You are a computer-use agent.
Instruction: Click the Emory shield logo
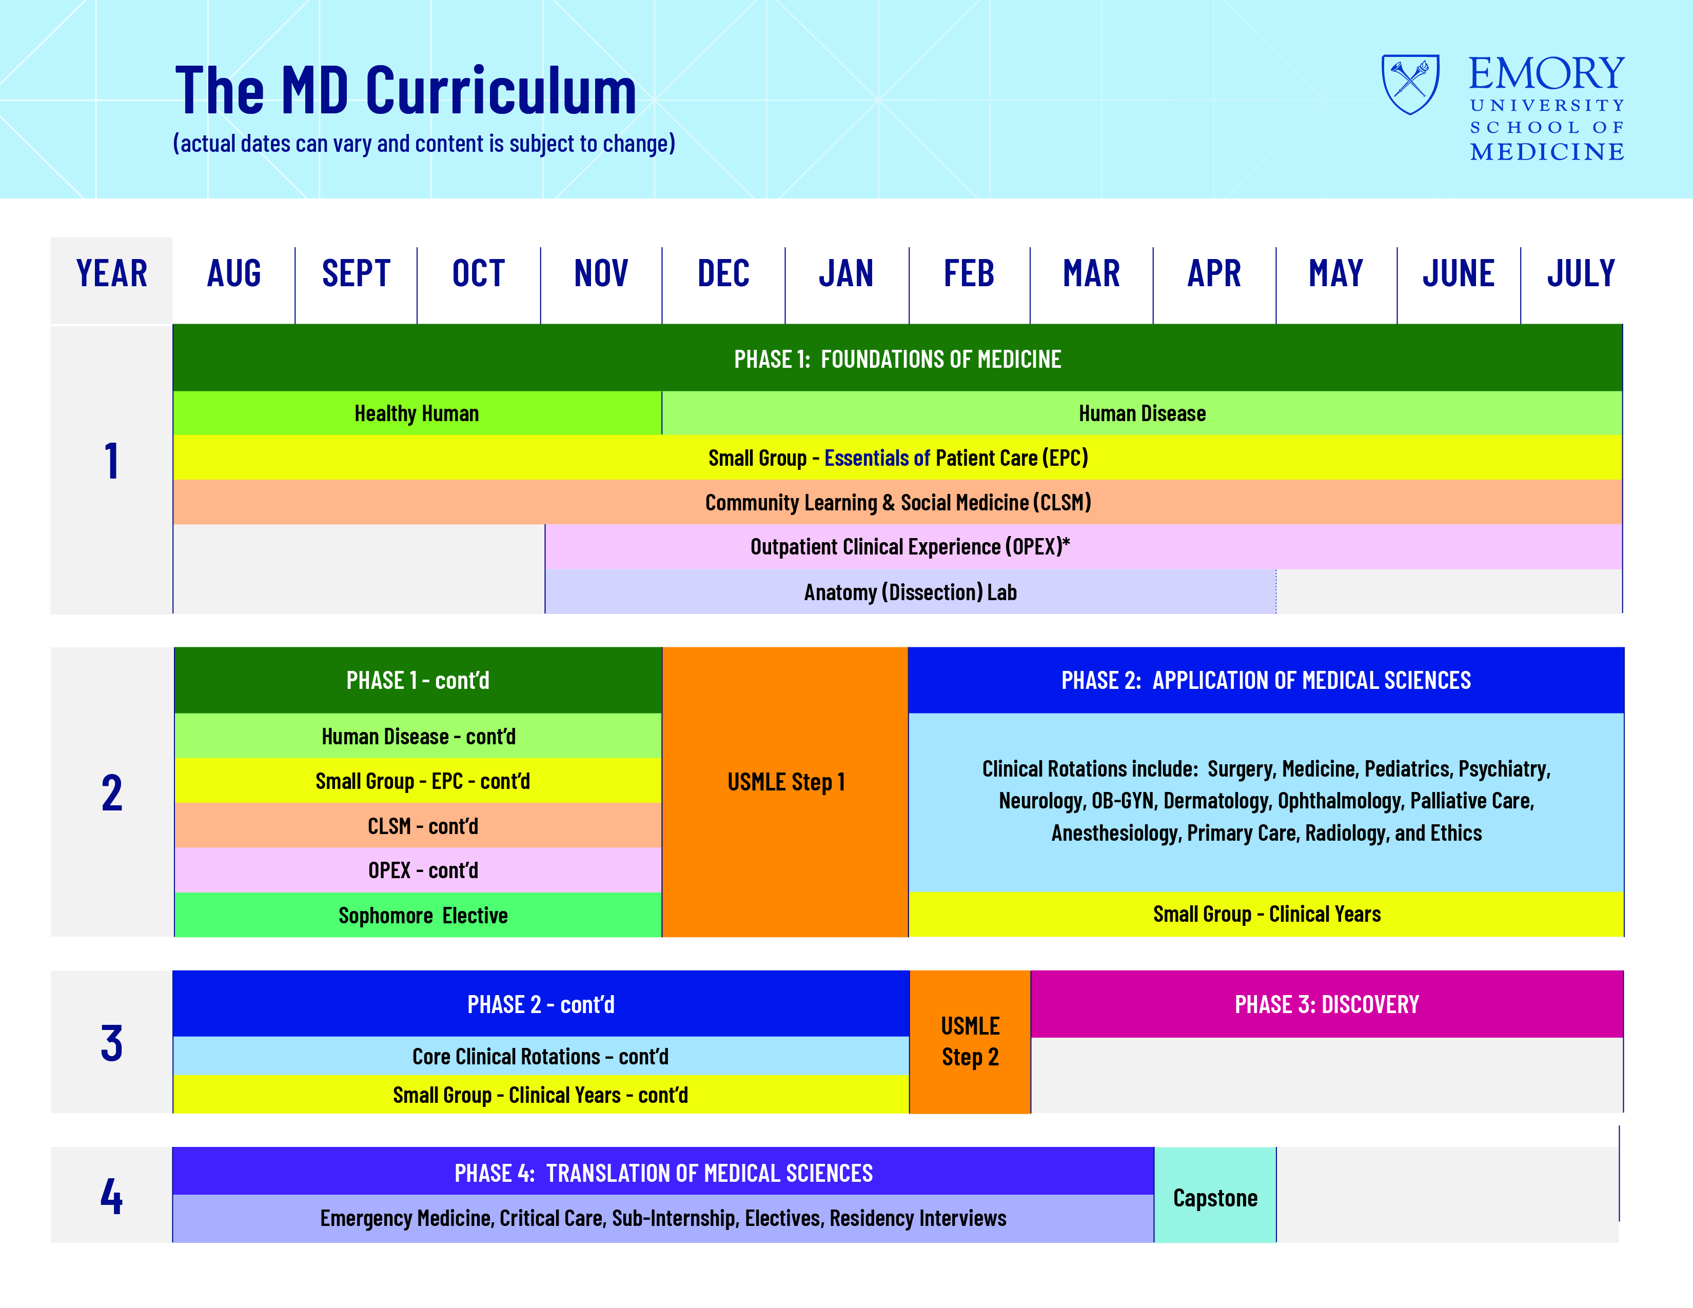pyautogui.click(x=1411, y=84)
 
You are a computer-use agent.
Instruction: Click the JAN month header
pyautogui.click(x=845, y=273)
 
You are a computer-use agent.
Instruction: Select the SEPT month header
pyautogui.click(x=356, y=273)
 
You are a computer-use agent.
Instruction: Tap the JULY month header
pyautogui.click(x=1581, y=273)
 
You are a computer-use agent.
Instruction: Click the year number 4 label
pyautogui.click(x=112, y=1196)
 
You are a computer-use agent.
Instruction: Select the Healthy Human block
pyautogui.click(x=417, y=413)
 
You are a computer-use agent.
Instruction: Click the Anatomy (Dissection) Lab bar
pyautogui.click(x=911, y=592)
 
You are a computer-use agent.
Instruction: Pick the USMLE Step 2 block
pyautogui.click(x=970, y=1041)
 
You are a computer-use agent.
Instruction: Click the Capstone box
pyautogui.click(x=1215, y=1195)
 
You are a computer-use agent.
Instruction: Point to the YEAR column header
pyautogui.click(x=112, y=273)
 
